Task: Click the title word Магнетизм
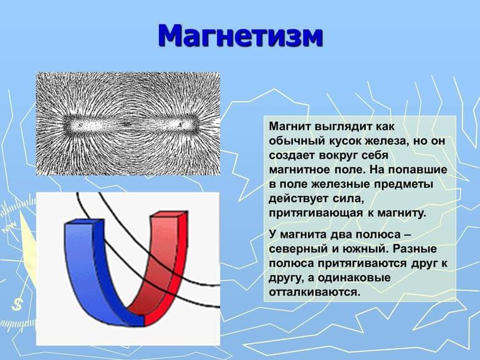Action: click(241, 36)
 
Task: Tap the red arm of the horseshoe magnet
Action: click(165, 262)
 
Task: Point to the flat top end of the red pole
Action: click(170, 215)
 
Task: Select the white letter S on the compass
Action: click(17, 304)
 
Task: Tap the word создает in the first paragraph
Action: click(290, 155)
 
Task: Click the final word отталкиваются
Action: click(314, 291)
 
